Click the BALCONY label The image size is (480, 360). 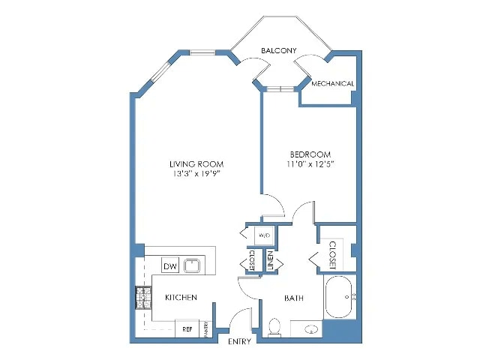click(x=279, y=50)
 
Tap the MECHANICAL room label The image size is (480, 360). click(x=332, y=83)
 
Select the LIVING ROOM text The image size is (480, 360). click(x=196, y=163)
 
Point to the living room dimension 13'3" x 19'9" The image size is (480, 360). click(x=196, y=174)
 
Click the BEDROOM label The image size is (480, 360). click(x=307, y=154)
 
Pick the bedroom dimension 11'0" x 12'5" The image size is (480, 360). click(x=308, y=164)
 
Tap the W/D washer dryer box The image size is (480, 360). click(x=264, y=235)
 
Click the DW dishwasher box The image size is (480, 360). click(x=169, y=265)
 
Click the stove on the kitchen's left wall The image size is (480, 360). click(x=143, y=298)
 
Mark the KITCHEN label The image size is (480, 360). click(x=181, y=298)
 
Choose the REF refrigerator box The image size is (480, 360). click(x=187, y=328)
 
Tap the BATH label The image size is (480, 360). click(x=293, y=298)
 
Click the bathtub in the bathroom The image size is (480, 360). click(x=341, y=298)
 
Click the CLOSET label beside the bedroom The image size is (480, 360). click(x=331, y=255)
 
